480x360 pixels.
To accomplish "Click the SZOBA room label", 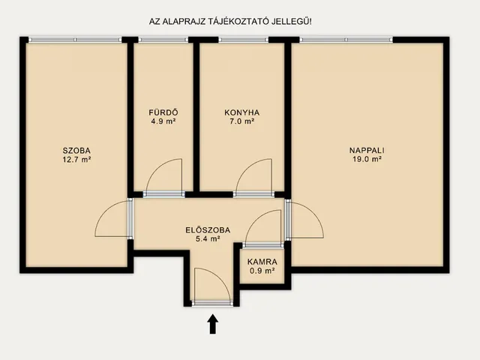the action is click(76, 151).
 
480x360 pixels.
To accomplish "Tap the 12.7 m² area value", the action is click(76, 160).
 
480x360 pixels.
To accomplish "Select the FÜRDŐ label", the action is click(163, 112).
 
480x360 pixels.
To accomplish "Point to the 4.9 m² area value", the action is click(163, 121).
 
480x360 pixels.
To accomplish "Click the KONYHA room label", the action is click(241, 112).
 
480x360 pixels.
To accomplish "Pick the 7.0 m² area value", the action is click(241, 121).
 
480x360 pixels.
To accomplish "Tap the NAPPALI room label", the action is click(367, 151).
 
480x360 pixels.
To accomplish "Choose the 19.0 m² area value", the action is click(367, 160).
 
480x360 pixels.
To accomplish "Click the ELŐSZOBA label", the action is click(208, 230).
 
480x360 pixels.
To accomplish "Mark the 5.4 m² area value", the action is click(208, 238).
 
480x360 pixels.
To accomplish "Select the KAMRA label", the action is click(262, 262).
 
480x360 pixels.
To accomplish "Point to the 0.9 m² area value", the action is click(262, 271).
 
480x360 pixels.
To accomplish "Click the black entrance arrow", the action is click(213, 324).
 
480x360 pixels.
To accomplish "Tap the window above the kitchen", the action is click(243, 40).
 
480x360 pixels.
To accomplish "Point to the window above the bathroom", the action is click(163, 40).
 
